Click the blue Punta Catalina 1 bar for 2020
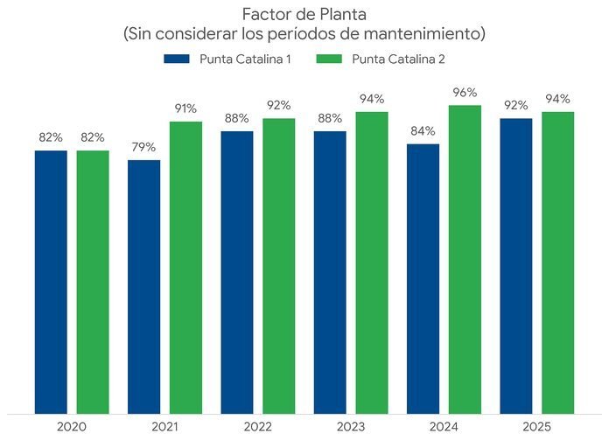[x=51, y=281]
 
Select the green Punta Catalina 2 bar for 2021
[x=185, y=266]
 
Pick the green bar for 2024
[x=465, y=258]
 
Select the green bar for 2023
[x=372, y=262]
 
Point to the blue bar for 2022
[x=237, y=271]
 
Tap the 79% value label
[x=143, y=147]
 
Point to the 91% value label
[x=185, y=108]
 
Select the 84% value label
[x=423, y=131]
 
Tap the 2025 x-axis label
[x=536, y=426]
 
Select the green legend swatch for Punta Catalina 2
[x=328, y=59]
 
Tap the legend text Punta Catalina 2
[x=399, y=59]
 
